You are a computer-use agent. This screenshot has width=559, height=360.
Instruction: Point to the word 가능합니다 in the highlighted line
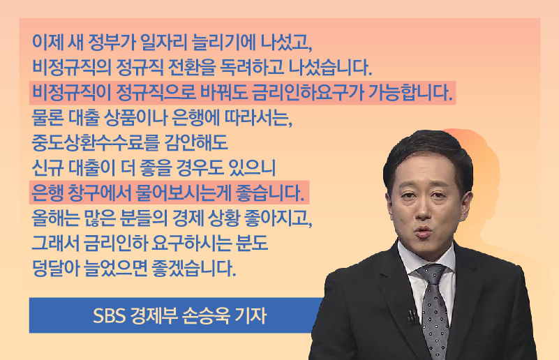416,92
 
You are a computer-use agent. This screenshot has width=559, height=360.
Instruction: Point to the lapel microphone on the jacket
412,315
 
